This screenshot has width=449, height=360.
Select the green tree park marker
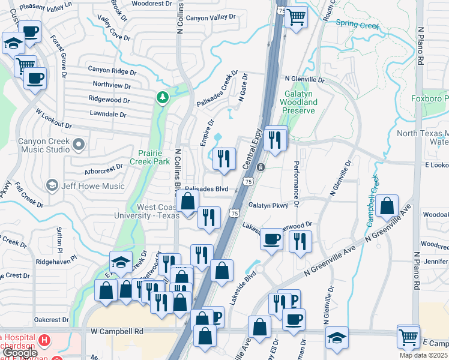click(x=161, y=97)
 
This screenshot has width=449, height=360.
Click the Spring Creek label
click(x=358, y=25)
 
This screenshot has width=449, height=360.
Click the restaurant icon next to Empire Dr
click(x=223, y=159)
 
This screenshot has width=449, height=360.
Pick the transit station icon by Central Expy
click(x=261, y=167)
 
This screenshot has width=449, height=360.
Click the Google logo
click(x=21, y=353)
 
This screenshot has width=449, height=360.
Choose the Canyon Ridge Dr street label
click(x=112, y=71)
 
